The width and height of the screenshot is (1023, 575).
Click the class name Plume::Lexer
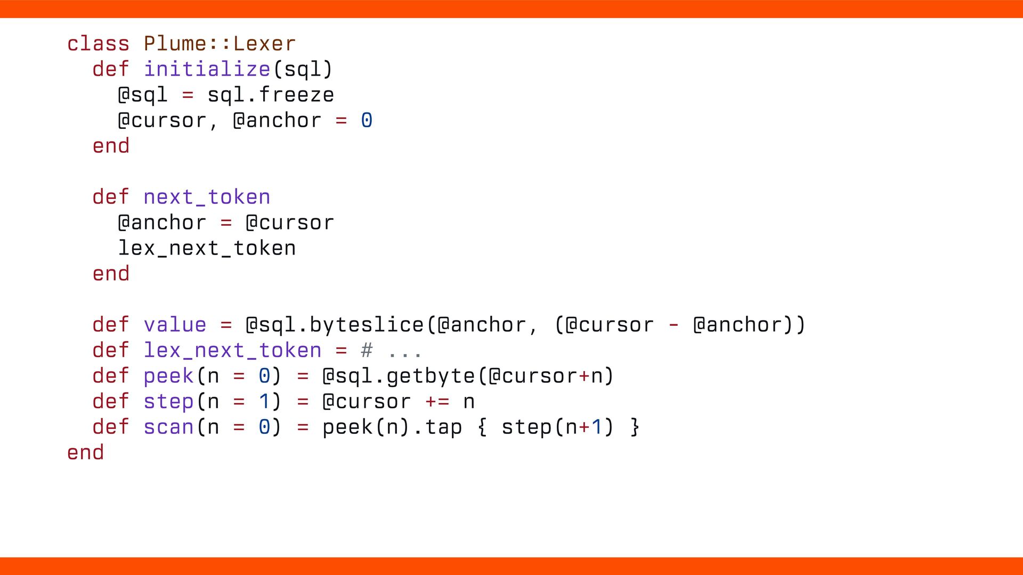[x=220, y=44]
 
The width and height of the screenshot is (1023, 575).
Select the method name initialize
[x=207, y=69]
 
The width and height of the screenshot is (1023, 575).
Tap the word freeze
[x=296, y=95]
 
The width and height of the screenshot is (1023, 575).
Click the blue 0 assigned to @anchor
[x=367, y=120]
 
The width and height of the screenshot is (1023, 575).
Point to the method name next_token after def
[x=207, y=197]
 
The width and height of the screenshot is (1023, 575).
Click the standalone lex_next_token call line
[x=207, y=248]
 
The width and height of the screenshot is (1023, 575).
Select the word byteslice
[x=367, y=325]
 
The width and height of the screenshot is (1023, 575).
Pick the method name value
[x=175, y=325]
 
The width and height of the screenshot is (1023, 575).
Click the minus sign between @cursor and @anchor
[x=673, y=325]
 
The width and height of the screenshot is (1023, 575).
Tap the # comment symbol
[x=367, y=350]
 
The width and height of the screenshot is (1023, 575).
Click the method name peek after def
[x=168, y=376]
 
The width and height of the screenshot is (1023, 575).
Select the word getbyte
[x=431, y=376]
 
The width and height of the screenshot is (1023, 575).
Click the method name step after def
[x=168, y=401]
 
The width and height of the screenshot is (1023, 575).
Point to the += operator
[x=437, y=401]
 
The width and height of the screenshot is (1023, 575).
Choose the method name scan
[x=168, y=427]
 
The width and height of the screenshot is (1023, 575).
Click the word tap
[x=443, y=427]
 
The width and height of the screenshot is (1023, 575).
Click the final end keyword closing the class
[x=85, y=453]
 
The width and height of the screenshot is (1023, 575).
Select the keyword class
[x=98, y=44]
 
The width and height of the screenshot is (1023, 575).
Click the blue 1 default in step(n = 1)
[x=264, y=401]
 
